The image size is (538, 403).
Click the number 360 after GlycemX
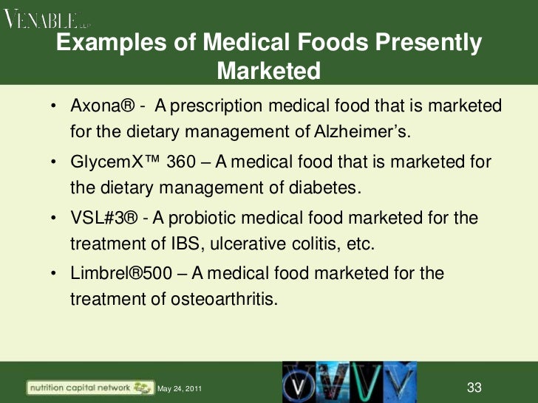[x=182, y=162]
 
